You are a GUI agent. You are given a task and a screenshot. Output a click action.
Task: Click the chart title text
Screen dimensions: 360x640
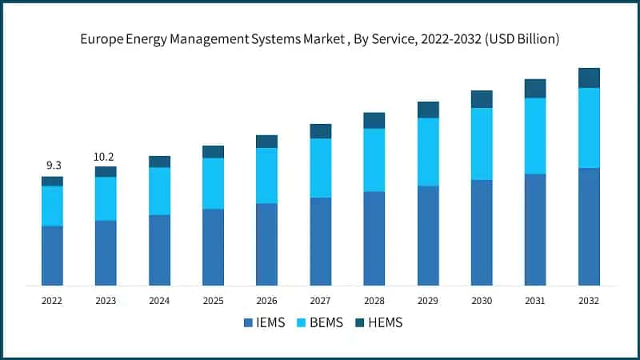[320, 38]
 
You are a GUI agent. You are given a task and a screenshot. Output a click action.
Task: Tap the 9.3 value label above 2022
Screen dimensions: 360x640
[54, 165]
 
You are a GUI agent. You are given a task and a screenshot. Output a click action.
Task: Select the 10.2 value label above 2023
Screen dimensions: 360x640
[106, 157]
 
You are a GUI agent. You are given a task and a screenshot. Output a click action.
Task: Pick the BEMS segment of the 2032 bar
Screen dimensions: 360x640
[589, 127]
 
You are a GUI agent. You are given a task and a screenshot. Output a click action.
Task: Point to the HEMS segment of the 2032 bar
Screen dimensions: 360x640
[589, 78]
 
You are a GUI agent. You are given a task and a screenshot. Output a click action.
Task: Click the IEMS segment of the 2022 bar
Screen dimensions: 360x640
[52, 255]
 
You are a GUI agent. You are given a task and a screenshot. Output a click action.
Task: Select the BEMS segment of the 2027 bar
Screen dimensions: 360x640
[320, 167]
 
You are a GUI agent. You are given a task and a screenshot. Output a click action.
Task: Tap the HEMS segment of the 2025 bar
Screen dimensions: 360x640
[213, 151]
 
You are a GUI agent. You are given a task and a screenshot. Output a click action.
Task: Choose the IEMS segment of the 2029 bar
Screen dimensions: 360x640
[428, 235]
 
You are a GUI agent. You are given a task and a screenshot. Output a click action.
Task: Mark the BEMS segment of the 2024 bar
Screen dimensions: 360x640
[159, 190]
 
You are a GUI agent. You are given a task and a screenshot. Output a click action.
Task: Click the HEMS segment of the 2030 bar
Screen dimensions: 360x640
[482, 98]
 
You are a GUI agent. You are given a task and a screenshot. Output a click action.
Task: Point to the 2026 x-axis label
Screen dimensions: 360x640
[266, 301]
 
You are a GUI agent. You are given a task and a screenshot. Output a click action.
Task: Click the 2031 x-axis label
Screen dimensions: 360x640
[535, 301]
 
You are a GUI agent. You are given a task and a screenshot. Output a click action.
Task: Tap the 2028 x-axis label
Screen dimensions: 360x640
[374, 301]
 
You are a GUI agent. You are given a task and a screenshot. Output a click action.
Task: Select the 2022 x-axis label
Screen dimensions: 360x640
[52, 301]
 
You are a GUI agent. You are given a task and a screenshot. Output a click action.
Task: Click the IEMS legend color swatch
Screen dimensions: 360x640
[248, 323]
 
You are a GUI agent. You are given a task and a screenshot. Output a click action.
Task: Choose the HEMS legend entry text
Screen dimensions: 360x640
[386, 323]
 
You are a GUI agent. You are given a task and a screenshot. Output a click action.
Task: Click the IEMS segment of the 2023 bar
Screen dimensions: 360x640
[106, 253]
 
